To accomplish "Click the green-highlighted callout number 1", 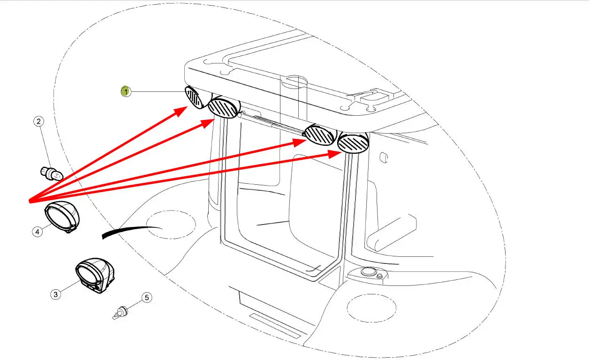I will (x=125, y=91).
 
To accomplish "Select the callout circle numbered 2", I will (x=39, y=122).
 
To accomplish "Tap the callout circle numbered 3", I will (x=56, y=294).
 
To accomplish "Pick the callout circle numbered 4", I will (x=38, y=231).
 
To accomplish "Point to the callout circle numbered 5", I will (x=147, y=297).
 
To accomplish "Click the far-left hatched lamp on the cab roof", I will (x=193, y=97).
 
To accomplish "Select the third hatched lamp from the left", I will (x=319, y=135).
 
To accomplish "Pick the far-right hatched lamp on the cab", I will (x=353, y=143).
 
